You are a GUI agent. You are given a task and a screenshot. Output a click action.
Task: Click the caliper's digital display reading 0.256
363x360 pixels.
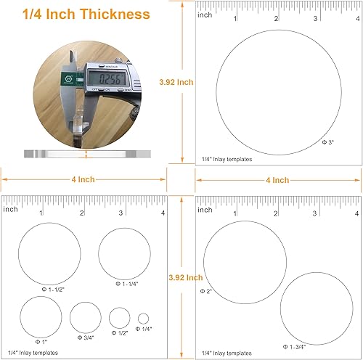click(109, 78)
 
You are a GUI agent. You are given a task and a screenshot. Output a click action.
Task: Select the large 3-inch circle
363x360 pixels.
click(280, 89)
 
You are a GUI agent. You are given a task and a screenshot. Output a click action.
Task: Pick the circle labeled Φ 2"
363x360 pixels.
click(245, 263)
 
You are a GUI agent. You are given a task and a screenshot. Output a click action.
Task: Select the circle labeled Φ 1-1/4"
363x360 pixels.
click(124, 253)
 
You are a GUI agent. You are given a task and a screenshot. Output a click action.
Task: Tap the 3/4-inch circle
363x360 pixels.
click(85, 317)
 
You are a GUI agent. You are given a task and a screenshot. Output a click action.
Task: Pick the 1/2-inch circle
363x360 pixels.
click(119, 318)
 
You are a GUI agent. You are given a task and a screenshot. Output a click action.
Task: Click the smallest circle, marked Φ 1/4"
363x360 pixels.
click(143, 318)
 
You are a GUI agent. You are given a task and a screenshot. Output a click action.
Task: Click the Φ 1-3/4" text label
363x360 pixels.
click(295, 347)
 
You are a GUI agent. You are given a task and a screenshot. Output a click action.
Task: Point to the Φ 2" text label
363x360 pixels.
click(206, 290)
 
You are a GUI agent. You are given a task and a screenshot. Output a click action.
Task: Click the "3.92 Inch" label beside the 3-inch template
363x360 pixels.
click(176, 83)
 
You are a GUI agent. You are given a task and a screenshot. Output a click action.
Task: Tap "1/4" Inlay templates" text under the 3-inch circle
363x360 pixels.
click(227, 158)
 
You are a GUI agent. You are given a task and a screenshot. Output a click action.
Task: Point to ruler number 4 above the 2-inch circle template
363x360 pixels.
click(356, 213)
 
